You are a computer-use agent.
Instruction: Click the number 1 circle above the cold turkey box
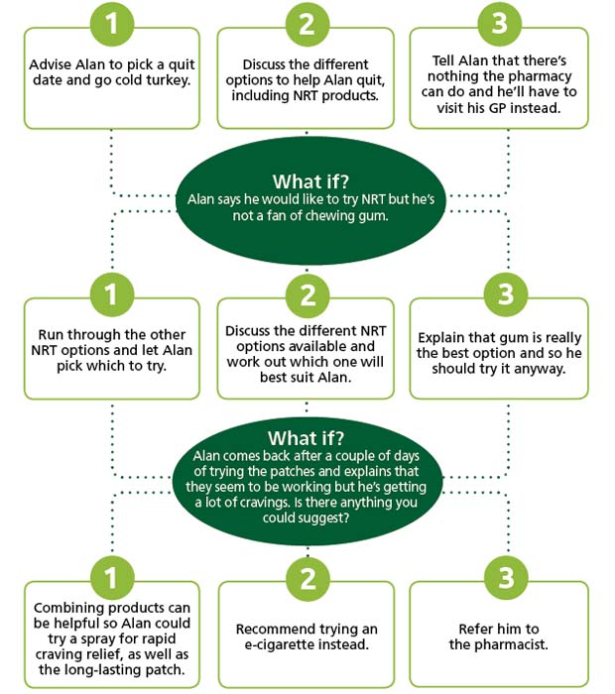pos(112,24)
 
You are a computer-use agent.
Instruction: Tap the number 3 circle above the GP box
pos(500,24)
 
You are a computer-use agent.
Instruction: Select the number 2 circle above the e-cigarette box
pos(307,578)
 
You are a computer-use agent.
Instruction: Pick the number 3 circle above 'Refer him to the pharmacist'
pos(506,578)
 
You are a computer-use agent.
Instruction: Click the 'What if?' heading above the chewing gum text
pos(310,181)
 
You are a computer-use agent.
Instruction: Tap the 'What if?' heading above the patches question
pos(306,438)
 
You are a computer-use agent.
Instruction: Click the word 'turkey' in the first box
pos(167,81)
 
